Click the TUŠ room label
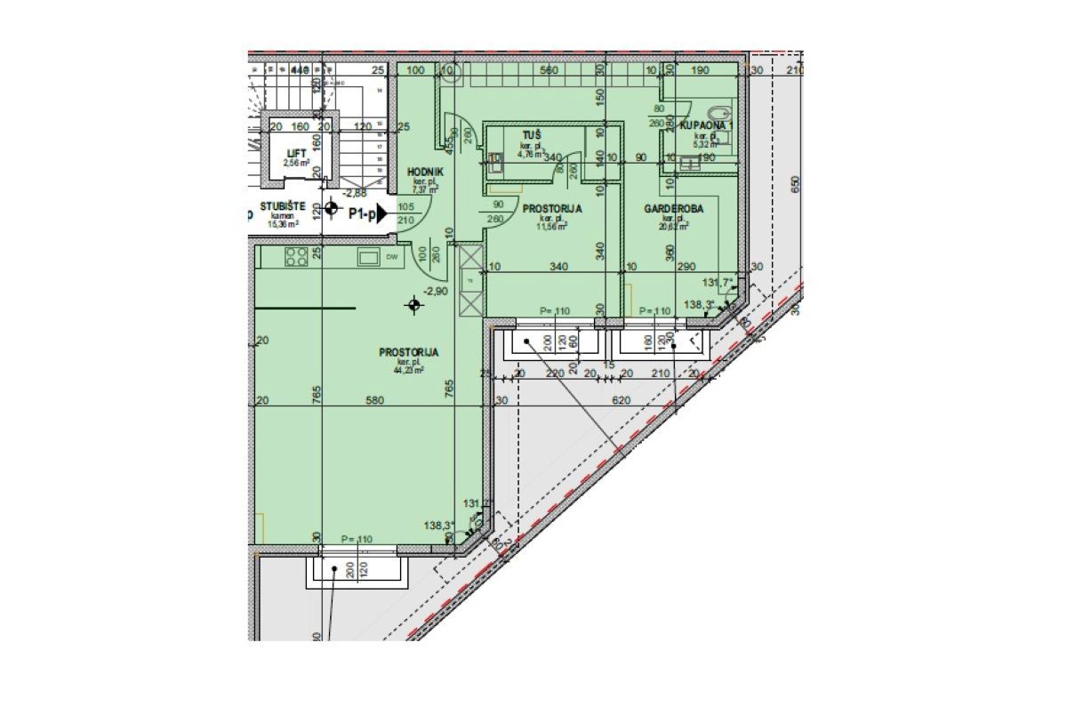click(x=532, y=134)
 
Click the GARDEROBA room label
click(x=674, y=208)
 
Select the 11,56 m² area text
click(x=553, y=226)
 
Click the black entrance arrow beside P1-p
click(x=381, y=213)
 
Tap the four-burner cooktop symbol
click(x=296, y=257)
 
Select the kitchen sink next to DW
click(x=367, y=257)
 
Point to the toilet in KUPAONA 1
click(x=724, y=115)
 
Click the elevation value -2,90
click(x=435, y=291)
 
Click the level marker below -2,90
click(x=413, y=306)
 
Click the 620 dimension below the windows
click(x=621, y=401)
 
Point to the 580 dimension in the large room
click(x=374, y=401)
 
